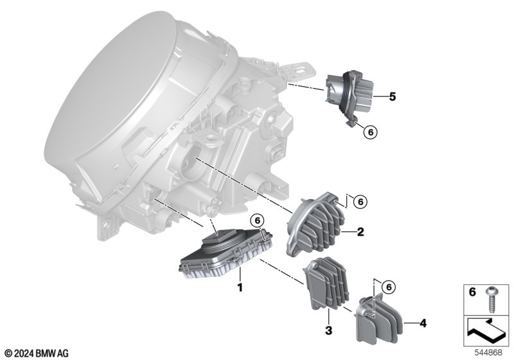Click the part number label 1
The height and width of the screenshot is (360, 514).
(240, 287)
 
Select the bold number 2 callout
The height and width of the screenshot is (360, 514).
(360, 232)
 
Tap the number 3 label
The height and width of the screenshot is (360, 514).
(328, 330)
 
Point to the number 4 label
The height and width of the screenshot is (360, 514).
(423, 323)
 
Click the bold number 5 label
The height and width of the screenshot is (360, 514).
(393, 96)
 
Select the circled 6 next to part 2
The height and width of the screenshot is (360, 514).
(360, 202)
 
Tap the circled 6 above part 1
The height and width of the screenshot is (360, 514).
(256, 220)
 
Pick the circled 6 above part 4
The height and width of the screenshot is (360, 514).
(389, 287)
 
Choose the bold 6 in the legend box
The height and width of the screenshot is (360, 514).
(472, 292)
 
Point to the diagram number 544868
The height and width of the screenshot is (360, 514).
(488, 353)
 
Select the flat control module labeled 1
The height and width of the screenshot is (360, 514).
(226, 253)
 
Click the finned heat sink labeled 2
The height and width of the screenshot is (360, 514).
(315, 223)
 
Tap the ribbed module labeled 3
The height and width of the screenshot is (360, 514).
(326, 284)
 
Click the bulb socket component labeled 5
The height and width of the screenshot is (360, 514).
(350, 96)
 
